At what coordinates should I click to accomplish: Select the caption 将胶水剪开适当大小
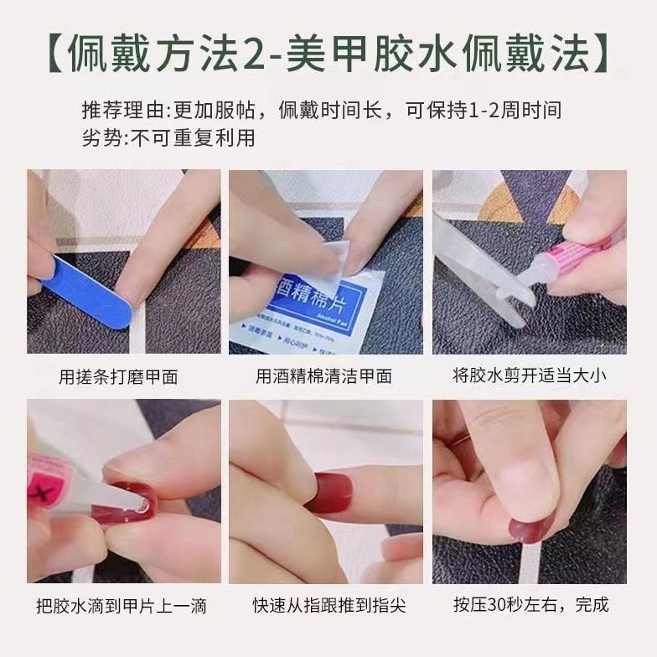click(529, 375)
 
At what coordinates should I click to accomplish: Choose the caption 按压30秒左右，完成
click(529, 605)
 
